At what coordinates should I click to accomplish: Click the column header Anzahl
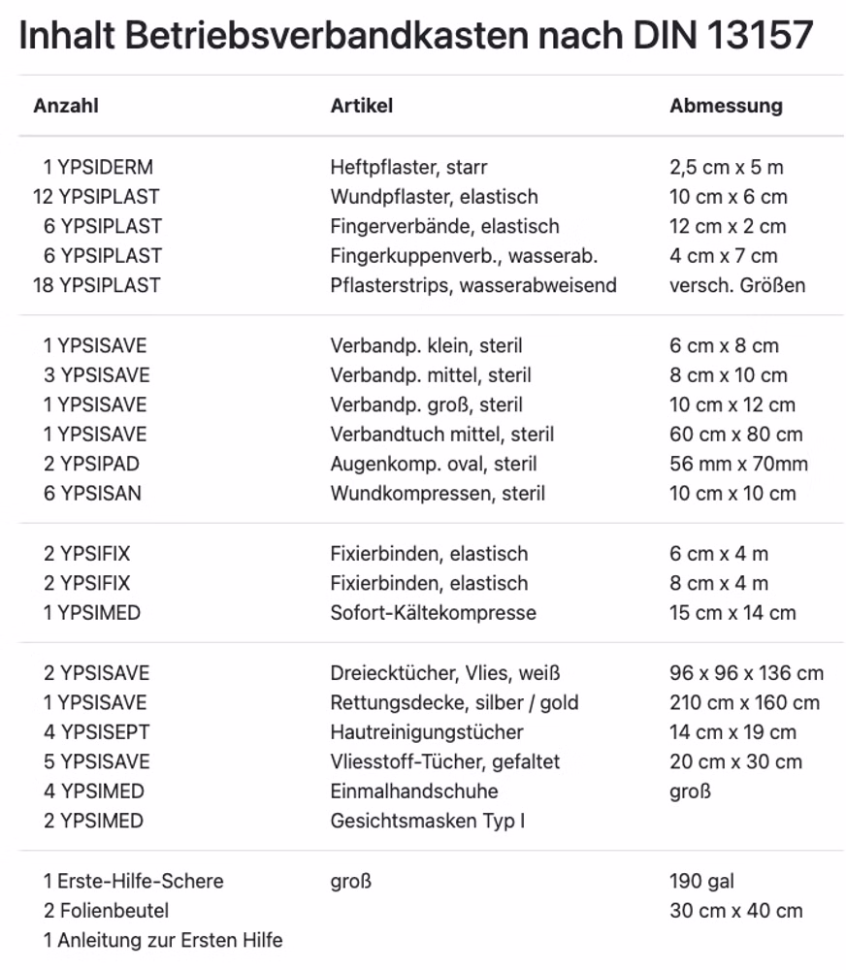[66, 106]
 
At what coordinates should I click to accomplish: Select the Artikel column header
[361, 106]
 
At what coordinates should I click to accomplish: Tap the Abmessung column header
[725, 106]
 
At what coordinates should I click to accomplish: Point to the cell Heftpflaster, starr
[408, 167]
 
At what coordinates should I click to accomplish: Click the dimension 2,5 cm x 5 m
[726, 167]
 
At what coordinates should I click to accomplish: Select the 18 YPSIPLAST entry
[96, 285]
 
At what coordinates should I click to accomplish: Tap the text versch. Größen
[736, 285]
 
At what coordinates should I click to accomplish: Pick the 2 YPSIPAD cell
[91, 464]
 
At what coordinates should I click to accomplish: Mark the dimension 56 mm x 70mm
[738, 464]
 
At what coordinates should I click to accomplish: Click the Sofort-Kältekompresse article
[433, 612]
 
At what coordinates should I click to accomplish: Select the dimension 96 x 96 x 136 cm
[746, 672]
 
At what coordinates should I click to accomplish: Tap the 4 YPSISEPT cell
[96, 731]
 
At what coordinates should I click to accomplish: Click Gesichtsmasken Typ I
[427, 821]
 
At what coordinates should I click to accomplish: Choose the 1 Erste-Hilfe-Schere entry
[133, 881]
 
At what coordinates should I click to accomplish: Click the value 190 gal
[701, 881]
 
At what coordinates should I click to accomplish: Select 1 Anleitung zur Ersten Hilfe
[162, 940]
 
